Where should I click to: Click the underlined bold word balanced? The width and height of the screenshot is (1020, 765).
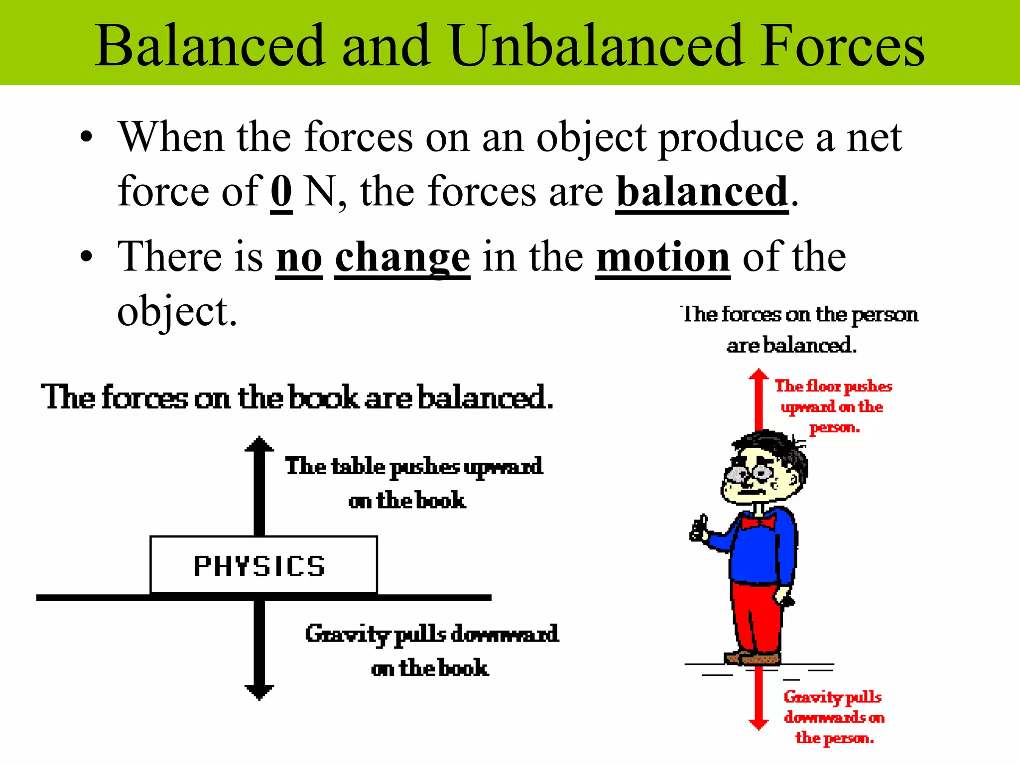coord(702,192)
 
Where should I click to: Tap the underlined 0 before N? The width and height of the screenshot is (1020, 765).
coord(281,192)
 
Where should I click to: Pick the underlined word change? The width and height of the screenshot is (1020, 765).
coord(402,258)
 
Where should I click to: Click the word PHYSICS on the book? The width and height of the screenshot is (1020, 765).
coord(259,566)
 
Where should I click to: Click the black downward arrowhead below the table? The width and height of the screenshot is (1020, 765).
coord(259,692)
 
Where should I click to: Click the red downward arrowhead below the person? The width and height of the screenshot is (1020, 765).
coord(759,724)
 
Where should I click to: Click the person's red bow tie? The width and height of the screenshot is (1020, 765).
coord(758,522)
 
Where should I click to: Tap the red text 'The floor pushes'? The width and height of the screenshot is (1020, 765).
coord(833,386)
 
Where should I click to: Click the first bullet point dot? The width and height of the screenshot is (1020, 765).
coord(87,137)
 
